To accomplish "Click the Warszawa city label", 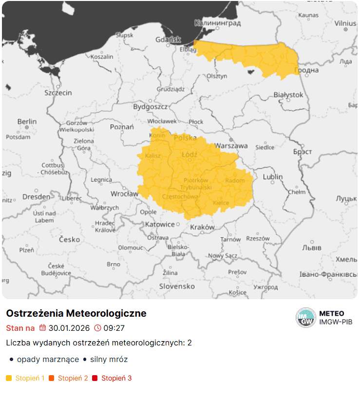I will tap(231, 146).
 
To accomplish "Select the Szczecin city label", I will tap(58, 93).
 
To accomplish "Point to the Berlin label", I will tap(27, 121).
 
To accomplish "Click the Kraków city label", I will tap(202, 227).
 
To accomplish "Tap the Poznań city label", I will tap(122, 127).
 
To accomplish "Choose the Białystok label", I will tap(288, 95).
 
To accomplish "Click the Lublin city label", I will tap(273, 177).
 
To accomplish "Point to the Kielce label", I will tap(221, 203).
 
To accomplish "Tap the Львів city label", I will tap(312, 248).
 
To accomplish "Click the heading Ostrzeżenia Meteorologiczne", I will tap(76, 313).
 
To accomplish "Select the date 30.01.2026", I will tap(69, 328).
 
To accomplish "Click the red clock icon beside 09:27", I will tap(97, 328).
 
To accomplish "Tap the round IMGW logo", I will tap(306, 318).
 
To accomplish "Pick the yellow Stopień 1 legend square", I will tap(9, 378).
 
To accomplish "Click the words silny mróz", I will tap(109, 360).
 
